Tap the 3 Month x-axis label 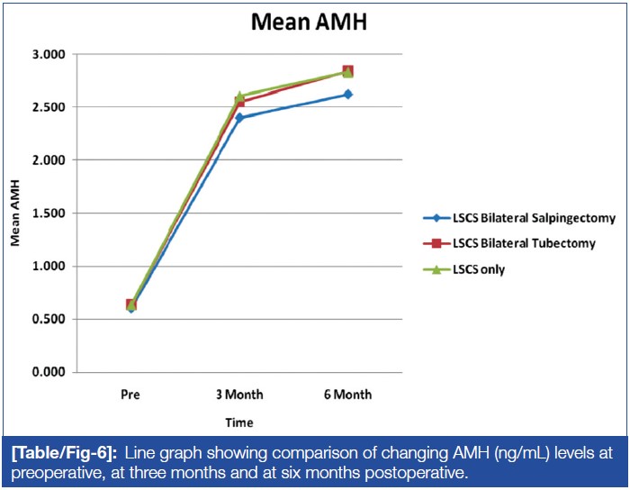click(239, 395)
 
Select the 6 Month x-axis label click(347, 395)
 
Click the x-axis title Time click(240, 422)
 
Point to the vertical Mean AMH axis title click(15, 213)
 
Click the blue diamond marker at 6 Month click(347, 94)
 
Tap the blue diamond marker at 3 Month click(239, 117)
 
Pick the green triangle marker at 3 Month click(239, 95)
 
